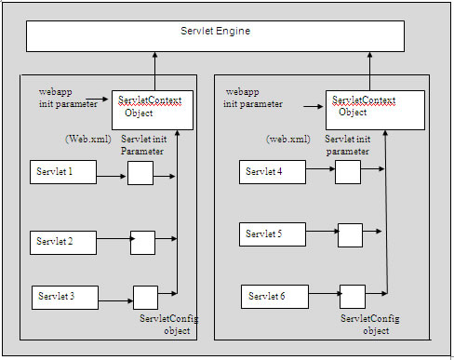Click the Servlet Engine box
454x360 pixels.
(215, 34)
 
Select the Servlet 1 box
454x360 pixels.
(63, 172)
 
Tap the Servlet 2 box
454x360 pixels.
(63, 242)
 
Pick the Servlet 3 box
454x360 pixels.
(65, 297)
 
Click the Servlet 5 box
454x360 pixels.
(273, 233)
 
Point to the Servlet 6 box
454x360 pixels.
(274, 297)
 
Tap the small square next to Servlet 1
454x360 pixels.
(140, 173)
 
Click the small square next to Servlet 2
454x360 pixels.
(142, 242)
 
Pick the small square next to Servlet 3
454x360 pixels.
(145, 297)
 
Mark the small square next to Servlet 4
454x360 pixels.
(347, 171)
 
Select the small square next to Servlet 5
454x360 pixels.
(350, 234)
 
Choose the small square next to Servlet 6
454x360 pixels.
(352, 297)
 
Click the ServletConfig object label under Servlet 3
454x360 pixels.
(168, 325)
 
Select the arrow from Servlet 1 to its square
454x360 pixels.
(112, 173)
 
